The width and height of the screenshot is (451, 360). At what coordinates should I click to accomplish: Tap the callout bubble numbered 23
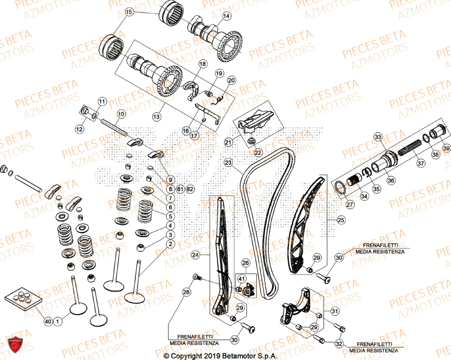(x=228, y=162)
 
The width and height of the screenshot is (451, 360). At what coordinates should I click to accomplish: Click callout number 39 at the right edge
(x=445, y=148)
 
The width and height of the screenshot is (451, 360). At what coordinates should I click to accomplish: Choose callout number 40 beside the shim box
(x=48, y=322)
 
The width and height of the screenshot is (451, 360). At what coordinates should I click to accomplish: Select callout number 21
(x=228, y=143)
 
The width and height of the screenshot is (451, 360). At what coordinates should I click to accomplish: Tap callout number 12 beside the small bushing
(x=79, y=129)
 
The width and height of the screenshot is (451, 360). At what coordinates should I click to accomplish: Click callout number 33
(x=378, y=137)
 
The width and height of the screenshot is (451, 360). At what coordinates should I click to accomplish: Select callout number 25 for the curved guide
(x=340, y=220)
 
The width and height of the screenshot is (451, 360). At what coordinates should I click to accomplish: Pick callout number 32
(x=338, y=343)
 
